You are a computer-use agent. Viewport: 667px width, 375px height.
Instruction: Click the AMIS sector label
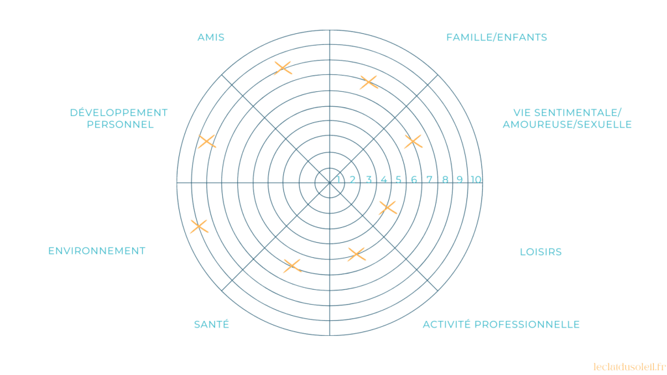pyautogui.click(x=210, y=37)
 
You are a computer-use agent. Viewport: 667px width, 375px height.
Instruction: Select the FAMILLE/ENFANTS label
pyautogui.click(x=496, y=37)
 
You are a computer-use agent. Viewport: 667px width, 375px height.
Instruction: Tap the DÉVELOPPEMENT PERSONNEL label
pyautogui.click(x=119, y=118)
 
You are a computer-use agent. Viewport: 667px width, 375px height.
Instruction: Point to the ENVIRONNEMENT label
pyautogui.click(x=96, y=251)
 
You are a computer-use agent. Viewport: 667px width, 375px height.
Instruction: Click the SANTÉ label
pyautogui.click(x=212, y=324)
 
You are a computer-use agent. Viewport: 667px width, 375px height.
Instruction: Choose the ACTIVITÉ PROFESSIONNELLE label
pyautogui.click(x=501, y=324)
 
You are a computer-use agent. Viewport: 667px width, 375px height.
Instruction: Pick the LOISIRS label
pyautogui.click(x=541, y=252)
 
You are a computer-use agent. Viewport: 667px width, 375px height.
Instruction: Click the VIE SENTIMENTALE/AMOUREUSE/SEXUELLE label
pyautogui.click(x=567, y=118)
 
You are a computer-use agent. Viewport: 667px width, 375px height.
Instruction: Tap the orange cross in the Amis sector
pyautogui.click(x=283, y=68)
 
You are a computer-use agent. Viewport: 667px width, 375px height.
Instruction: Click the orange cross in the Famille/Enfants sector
pyautogui.click(x=369, y=82)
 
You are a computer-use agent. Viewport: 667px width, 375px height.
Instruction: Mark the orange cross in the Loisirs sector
pyautogui.click(x=388, y=208)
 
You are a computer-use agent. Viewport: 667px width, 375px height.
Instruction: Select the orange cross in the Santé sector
pyautogui.click(x=292, y=266)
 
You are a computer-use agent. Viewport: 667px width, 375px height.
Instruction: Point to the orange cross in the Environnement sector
pyautogui.click(x=199, y=227)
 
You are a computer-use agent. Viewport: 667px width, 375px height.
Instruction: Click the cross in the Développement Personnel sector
pyautogui.click(x=206, y=141)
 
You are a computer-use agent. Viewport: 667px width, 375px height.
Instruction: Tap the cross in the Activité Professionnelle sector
pyautogui.click(x=356, y=254)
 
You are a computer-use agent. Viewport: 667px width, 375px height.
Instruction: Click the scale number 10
pyautogui.click(x=476, y=180)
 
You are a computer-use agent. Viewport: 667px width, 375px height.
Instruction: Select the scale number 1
pyautogui.click(x=338, y=180)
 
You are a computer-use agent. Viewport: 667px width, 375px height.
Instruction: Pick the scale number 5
pyautogui.click(x=399, y=180)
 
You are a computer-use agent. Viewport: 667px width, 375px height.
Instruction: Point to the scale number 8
pyautogui.click(x=446, y=180)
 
